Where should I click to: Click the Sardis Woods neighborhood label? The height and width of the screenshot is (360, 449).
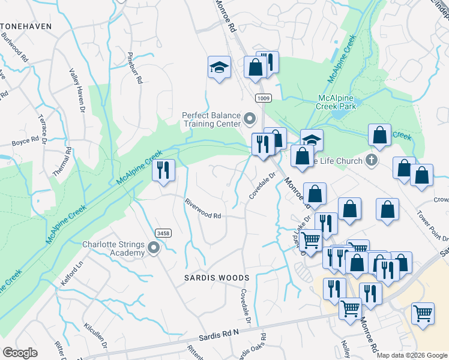(x=216, y=278)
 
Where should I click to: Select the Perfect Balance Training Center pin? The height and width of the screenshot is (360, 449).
(x=250, y=118)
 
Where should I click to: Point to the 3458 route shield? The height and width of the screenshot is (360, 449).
(x=162, y=233)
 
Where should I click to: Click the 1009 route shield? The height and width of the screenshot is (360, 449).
(x=262, y=98)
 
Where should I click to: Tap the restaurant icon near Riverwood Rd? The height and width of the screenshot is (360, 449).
(x=163, y=170)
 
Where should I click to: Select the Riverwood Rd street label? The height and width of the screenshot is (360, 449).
(x=203, y=208)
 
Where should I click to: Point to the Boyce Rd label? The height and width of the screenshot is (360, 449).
(x=25, y=143)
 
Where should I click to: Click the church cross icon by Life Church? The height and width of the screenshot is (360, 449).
(x=372, y=160)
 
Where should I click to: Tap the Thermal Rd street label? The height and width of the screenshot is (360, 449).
(x=62, y=161)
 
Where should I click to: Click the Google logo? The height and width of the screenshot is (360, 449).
(x=20, y=353)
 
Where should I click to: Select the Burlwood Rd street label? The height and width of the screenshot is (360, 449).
(x=14, y=47)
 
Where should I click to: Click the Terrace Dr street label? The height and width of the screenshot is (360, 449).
(x=43, y=130)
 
